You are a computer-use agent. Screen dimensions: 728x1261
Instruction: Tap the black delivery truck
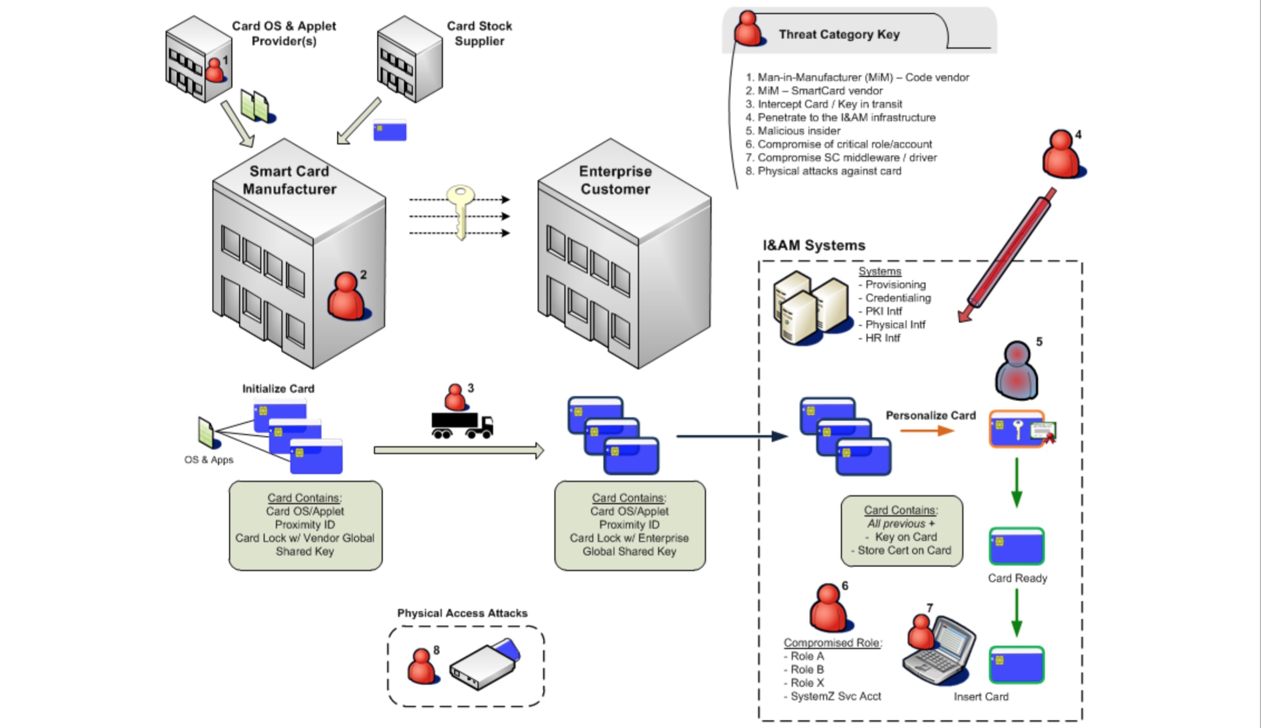tap(462, 425)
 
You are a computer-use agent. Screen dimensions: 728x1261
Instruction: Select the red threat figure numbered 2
tap(347, 297)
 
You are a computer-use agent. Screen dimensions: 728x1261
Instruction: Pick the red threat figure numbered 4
tap(1061, 155)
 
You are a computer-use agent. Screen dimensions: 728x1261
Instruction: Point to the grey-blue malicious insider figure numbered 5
tap(1016, 371)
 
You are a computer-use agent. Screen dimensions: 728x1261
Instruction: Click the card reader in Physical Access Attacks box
tap(484, 665)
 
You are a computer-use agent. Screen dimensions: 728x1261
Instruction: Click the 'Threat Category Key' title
tap(839, 35)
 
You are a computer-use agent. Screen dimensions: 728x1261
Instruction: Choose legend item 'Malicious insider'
tap(799, 131)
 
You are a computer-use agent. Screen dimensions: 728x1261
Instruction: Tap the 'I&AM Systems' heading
tap(814, 245)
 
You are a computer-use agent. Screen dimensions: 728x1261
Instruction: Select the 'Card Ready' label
tap(1017, 578)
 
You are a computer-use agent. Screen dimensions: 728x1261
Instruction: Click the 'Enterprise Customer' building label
tap(615, 180)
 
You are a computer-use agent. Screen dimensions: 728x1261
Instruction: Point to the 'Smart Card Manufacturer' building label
tap(289, 180)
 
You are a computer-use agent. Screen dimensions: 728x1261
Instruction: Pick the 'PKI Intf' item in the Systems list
tap(883, 311)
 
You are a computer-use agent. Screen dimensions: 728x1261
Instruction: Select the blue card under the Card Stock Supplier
tap(390, 130)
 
